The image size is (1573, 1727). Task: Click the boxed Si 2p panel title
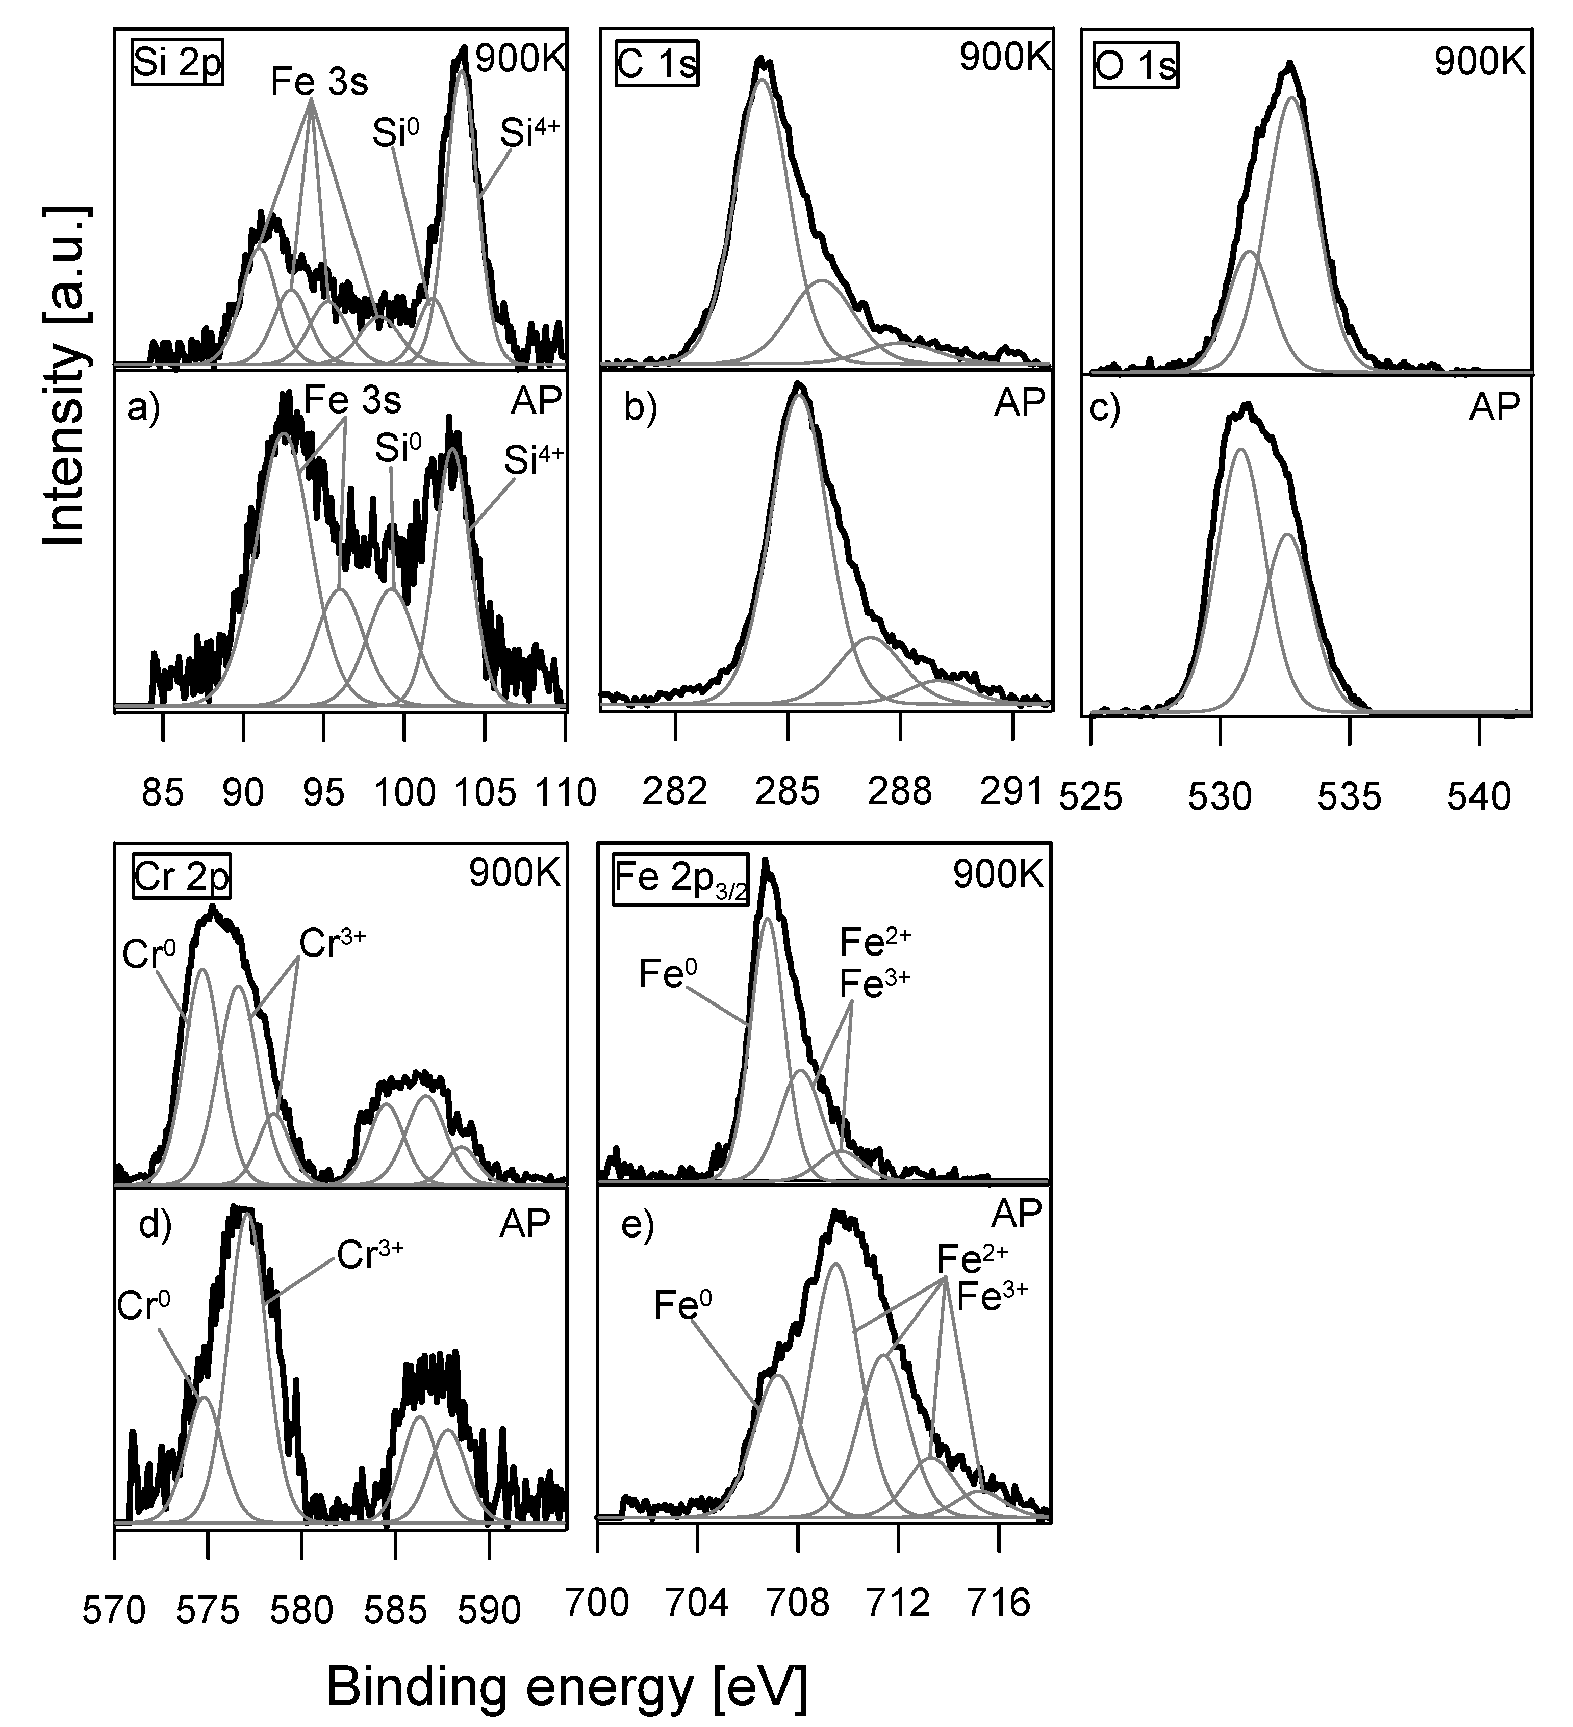click(177, 63)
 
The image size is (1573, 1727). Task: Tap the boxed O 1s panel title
click(1135, 65)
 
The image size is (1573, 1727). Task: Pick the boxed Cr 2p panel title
click(182, 877)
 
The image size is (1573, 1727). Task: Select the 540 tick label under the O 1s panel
click(1479, 796)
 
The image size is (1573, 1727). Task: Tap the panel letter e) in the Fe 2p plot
click(637, 1227)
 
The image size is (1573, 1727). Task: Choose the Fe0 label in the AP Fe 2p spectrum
click(683, 1305)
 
